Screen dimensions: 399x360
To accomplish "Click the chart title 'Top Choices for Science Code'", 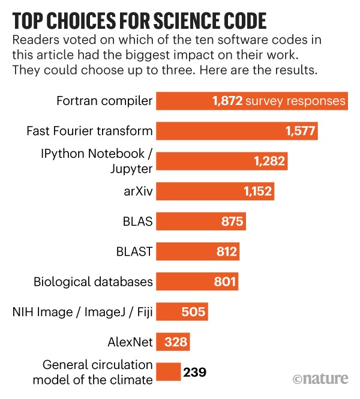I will click(x=139, y=22).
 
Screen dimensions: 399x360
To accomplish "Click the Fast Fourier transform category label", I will click(x=90, y=131).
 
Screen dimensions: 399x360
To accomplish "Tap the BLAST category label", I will click(x=136, y=251).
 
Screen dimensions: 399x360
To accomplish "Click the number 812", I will click(x=226, y=251).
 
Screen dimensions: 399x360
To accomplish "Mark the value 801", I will click(x=226, y=281).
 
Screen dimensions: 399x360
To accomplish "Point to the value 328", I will click(x=176, y=342).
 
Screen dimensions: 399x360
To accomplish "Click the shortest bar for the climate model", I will click(x=168, y=372).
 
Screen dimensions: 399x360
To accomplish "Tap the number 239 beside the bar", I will click(x=195, y=373).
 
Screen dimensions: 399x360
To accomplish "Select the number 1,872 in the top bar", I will click(x=227, y=101).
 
